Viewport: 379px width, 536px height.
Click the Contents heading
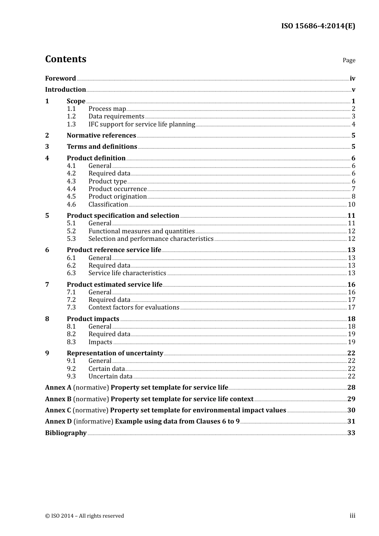click(65, 59)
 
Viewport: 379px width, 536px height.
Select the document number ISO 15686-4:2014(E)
click(318, 26)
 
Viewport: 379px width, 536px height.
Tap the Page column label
click(349, 60)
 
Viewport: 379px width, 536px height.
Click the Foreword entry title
click(60, 79)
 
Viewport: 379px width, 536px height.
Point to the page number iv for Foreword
click(352, 79)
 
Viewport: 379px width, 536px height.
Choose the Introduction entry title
click(65, 90)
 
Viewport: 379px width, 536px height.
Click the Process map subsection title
click(107, 109)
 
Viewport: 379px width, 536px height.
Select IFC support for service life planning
click(142, 124)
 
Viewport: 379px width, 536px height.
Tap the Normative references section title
click(101, 136)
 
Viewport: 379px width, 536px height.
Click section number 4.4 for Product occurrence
click(71, 189)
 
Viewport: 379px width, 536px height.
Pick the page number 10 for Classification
click(351, 205)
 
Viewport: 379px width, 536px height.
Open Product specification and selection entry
click(123, 216)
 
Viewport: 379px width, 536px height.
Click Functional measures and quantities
click(142, 231)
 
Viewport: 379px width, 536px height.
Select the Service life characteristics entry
click(127, 273)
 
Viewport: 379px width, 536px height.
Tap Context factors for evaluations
click(134, 307)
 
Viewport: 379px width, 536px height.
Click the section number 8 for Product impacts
click(47, 319)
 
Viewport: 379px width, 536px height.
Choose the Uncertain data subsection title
click(111, 376)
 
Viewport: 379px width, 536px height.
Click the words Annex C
click(58, 410)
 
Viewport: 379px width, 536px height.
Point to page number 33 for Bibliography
click(351, 433)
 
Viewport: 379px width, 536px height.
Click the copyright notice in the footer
click(85, 516)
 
